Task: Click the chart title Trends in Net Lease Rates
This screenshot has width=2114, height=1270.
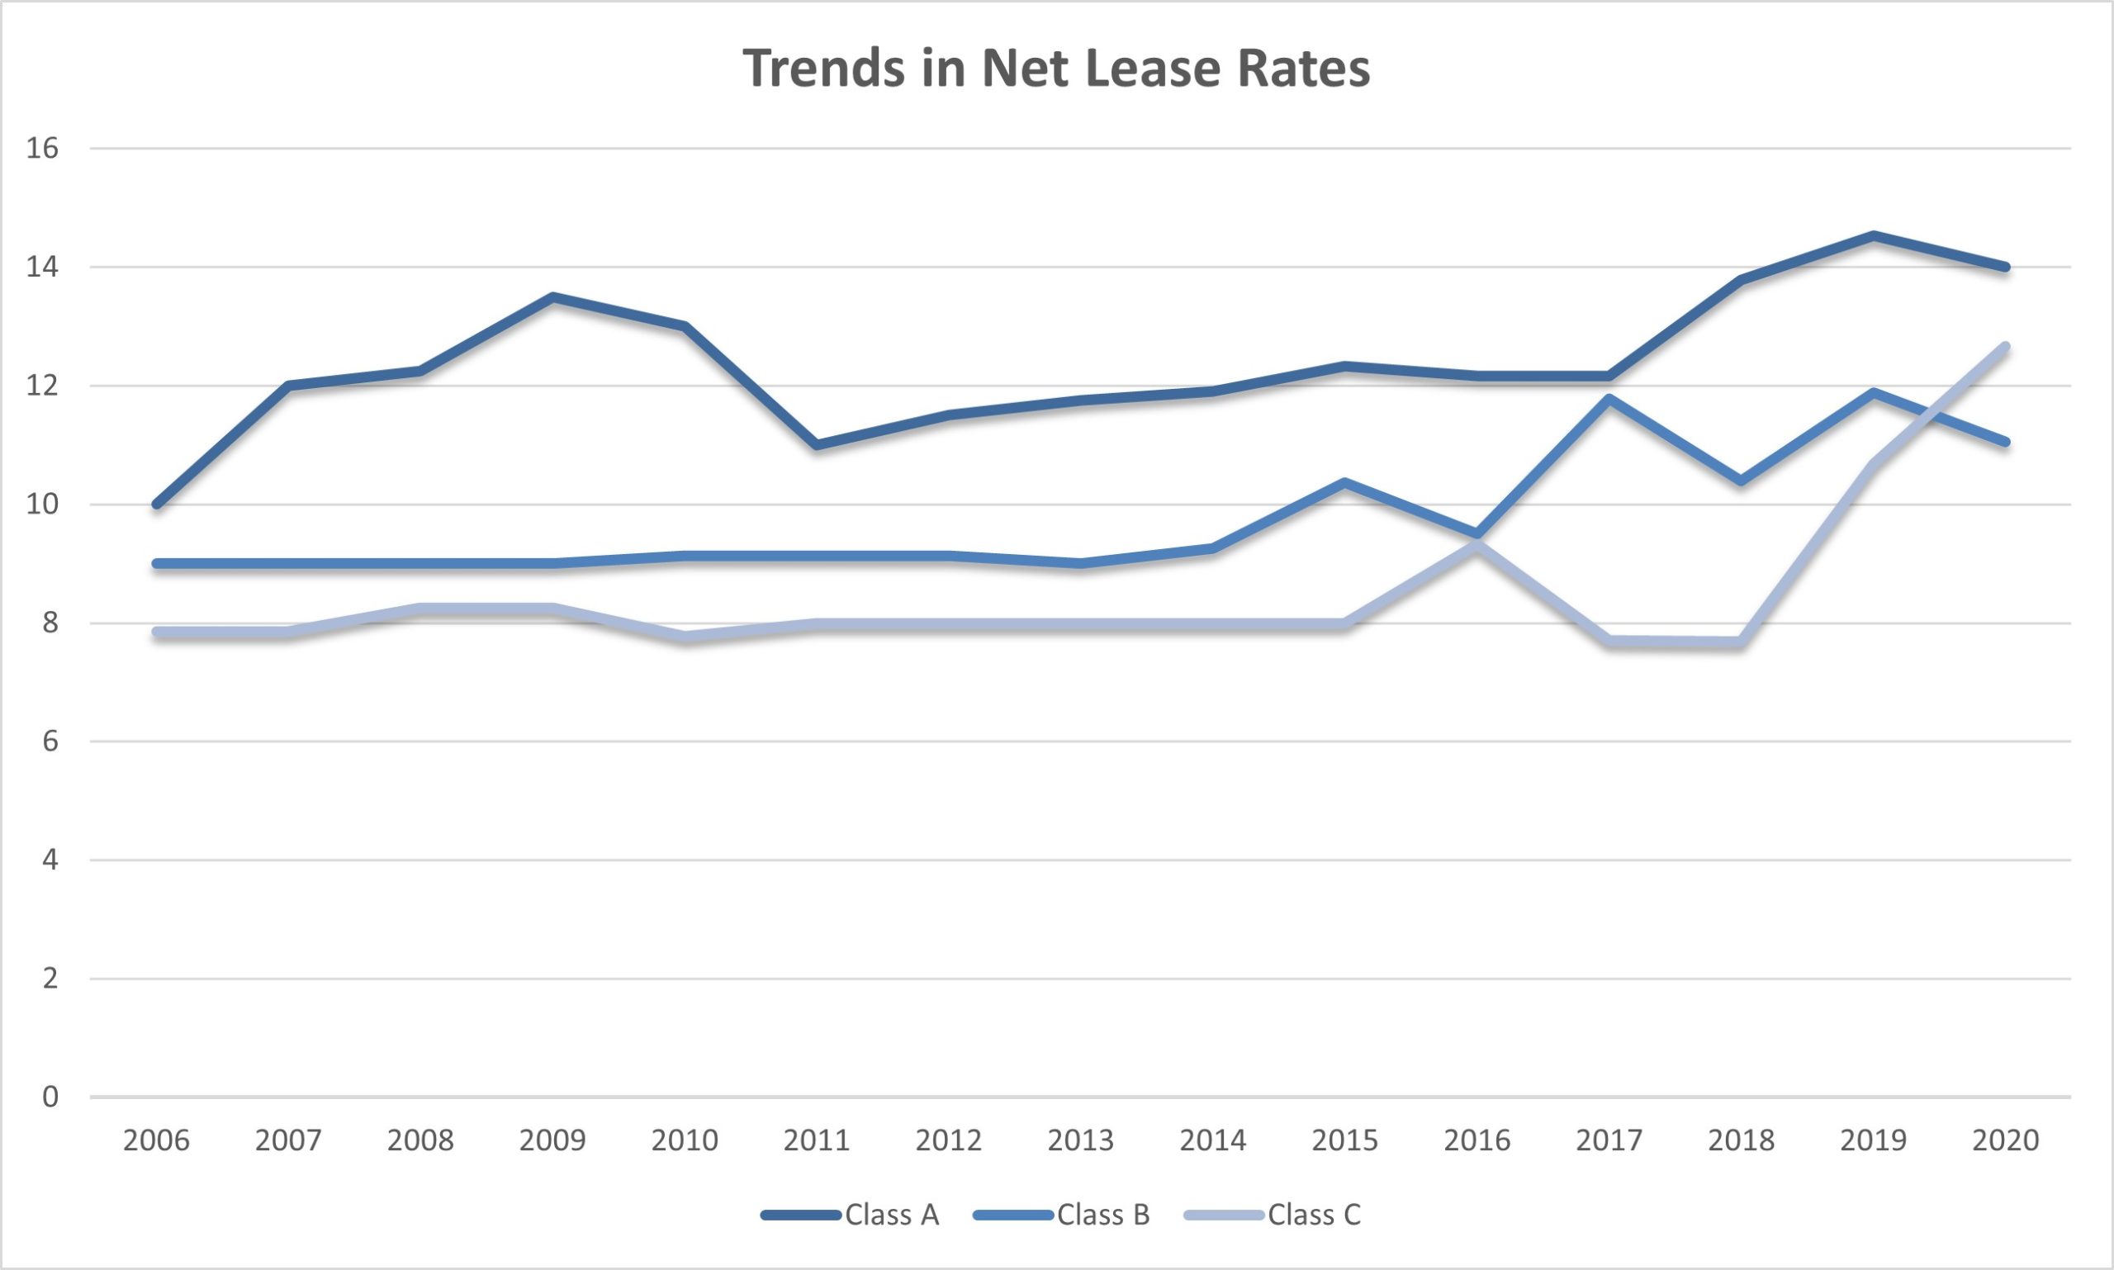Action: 1056,69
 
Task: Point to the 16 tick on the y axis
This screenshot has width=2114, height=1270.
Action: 43,149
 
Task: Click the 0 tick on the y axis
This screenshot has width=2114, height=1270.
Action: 50,1097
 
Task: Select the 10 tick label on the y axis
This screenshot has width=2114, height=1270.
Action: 43,504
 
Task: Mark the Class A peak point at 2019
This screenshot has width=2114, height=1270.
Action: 1874,235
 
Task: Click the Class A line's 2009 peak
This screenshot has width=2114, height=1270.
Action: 553,298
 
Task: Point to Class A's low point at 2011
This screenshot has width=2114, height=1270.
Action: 818,445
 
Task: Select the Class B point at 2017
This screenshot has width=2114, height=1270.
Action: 1609,398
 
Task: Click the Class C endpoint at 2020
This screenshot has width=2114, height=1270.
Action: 2005,347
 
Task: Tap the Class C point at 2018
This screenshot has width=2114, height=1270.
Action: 1741,641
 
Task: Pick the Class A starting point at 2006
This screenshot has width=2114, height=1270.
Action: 157,504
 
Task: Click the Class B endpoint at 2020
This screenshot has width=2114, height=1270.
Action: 2005,442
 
